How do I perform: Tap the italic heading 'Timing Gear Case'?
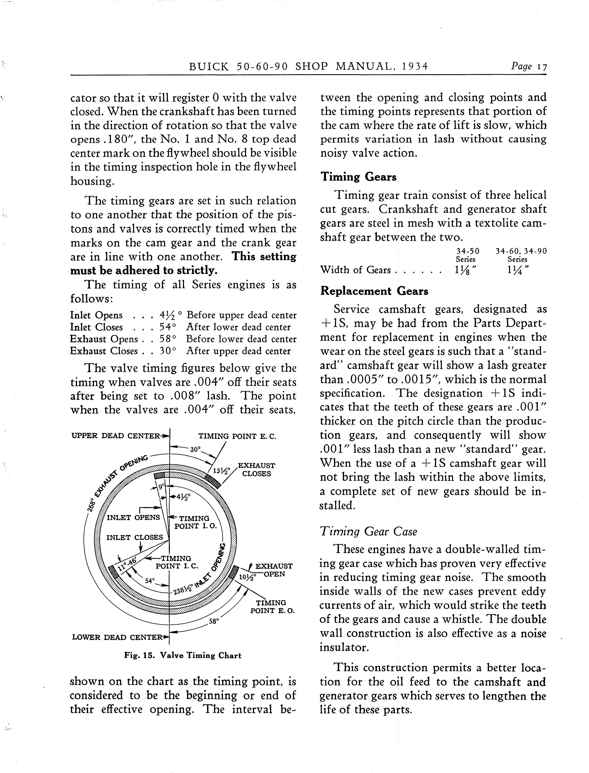(368, 532)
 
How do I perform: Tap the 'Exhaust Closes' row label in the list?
(104, 351)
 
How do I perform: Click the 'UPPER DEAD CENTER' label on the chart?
(116, 436)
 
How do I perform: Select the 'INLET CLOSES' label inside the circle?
(135, 537)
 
